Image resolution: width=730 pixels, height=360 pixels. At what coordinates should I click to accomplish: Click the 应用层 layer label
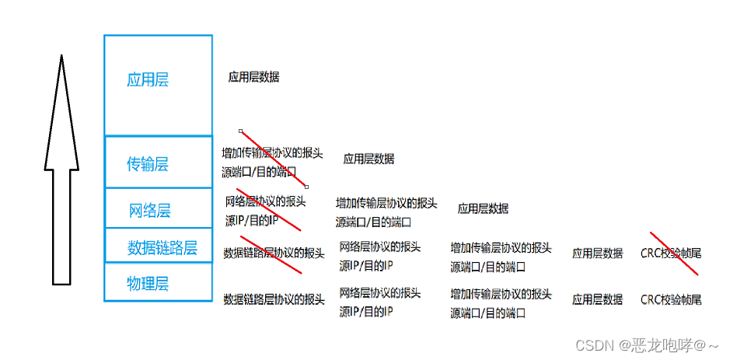point(148,80)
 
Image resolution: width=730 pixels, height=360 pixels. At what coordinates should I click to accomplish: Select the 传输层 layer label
point(148,164)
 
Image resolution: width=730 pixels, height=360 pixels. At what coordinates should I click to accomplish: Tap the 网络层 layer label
point(150,211)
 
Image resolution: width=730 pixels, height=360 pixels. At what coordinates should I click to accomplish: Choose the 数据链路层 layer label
point(162,248)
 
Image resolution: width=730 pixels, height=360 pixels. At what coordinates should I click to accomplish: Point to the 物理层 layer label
point(148,284)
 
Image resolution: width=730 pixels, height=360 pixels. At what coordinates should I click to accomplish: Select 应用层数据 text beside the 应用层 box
point(253,77)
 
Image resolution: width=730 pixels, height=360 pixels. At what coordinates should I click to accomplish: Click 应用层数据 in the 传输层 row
point(368,159)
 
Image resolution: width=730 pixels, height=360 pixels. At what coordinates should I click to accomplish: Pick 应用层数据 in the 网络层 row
point(483,208)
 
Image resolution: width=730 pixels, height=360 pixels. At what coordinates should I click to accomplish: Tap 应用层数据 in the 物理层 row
point(597,299)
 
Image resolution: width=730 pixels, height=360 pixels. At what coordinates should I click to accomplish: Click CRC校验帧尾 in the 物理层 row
point(671,299)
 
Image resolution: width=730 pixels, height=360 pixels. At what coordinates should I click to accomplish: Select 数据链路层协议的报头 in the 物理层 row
point(274,299)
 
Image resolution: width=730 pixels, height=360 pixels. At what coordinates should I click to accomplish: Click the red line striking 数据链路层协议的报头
point(271,254)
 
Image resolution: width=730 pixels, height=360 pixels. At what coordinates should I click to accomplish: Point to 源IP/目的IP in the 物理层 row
point(366,311)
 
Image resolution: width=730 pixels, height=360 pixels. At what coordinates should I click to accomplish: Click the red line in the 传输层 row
point(274,159)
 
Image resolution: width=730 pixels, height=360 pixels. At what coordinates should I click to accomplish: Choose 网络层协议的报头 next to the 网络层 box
point(265,201)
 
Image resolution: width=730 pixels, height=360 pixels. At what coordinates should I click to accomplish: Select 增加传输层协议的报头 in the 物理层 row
point(501,295)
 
